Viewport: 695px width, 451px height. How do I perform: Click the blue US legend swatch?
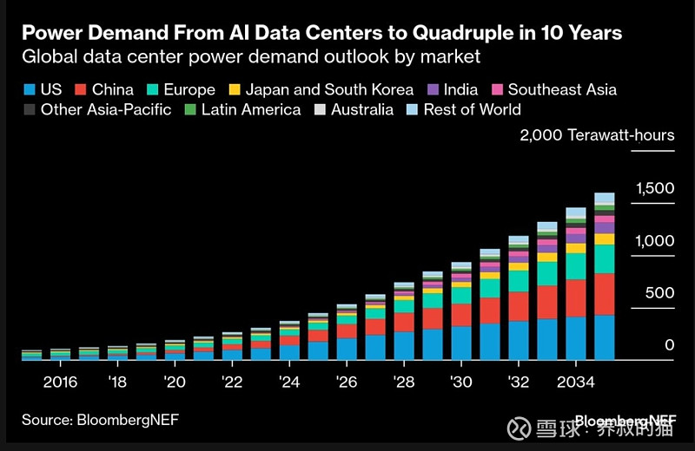(30, 89)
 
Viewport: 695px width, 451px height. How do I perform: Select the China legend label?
(112, 89)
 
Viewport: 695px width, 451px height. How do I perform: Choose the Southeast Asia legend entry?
(560, 89)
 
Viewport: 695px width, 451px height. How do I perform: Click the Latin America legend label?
(250, 110)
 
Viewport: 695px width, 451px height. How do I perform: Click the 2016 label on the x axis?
(60, 382)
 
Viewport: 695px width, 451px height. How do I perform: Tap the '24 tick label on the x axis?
(289, 382)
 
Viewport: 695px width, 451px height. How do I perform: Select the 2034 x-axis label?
(575, 382)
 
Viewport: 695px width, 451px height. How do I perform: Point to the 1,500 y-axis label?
(655, 188)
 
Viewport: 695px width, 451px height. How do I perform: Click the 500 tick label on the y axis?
(658, 293)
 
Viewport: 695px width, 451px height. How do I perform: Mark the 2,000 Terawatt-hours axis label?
(597, 135)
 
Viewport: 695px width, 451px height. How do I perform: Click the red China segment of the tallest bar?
(604, 294)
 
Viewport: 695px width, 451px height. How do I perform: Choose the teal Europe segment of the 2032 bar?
(519, 281)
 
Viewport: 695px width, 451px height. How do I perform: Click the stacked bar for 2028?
(404, 321)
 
